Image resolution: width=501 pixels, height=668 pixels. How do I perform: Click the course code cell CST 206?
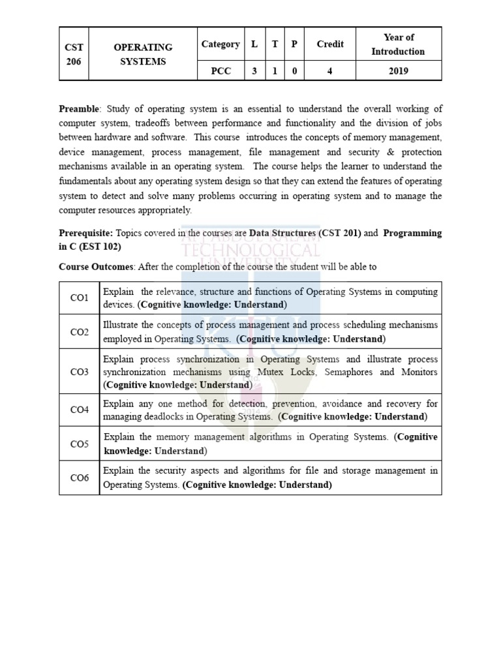tap(74, 54)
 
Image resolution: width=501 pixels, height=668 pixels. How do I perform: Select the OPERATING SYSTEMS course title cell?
tap(143, 54)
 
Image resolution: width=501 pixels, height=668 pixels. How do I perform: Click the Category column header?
tap(220, 44)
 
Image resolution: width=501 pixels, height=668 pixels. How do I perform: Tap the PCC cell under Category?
tap(220, 71)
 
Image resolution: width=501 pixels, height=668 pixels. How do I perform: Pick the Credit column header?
tap(329, 44)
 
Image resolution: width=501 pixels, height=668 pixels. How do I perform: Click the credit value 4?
tap(329, 71)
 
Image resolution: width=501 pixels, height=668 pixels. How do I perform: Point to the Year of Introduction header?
tap(398, 44)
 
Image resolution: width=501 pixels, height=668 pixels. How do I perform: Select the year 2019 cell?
tap(398, 71)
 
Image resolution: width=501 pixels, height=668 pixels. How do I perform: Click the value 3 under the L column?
tap(254, 71)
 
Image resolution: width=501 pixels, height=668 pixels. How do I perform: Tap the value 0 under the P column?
tap(294, 71)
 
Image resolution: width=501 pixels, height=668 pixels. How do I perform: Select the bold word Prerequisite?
tap(85, 233)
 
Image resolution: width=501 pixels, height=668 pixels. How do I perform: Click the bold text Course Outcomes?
tap(97, 267)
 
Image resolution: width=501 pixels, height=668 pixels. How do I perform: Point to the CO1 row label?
tap(80, 298)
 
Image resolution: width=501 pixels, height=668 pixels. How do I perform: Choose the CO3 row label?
tap(80, 372)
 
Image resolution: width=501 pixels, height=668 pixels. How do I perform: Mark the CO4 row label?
tap(80, 410)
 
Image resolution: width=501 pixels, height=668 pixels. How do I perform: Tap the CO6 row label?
tap(80, 478)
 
